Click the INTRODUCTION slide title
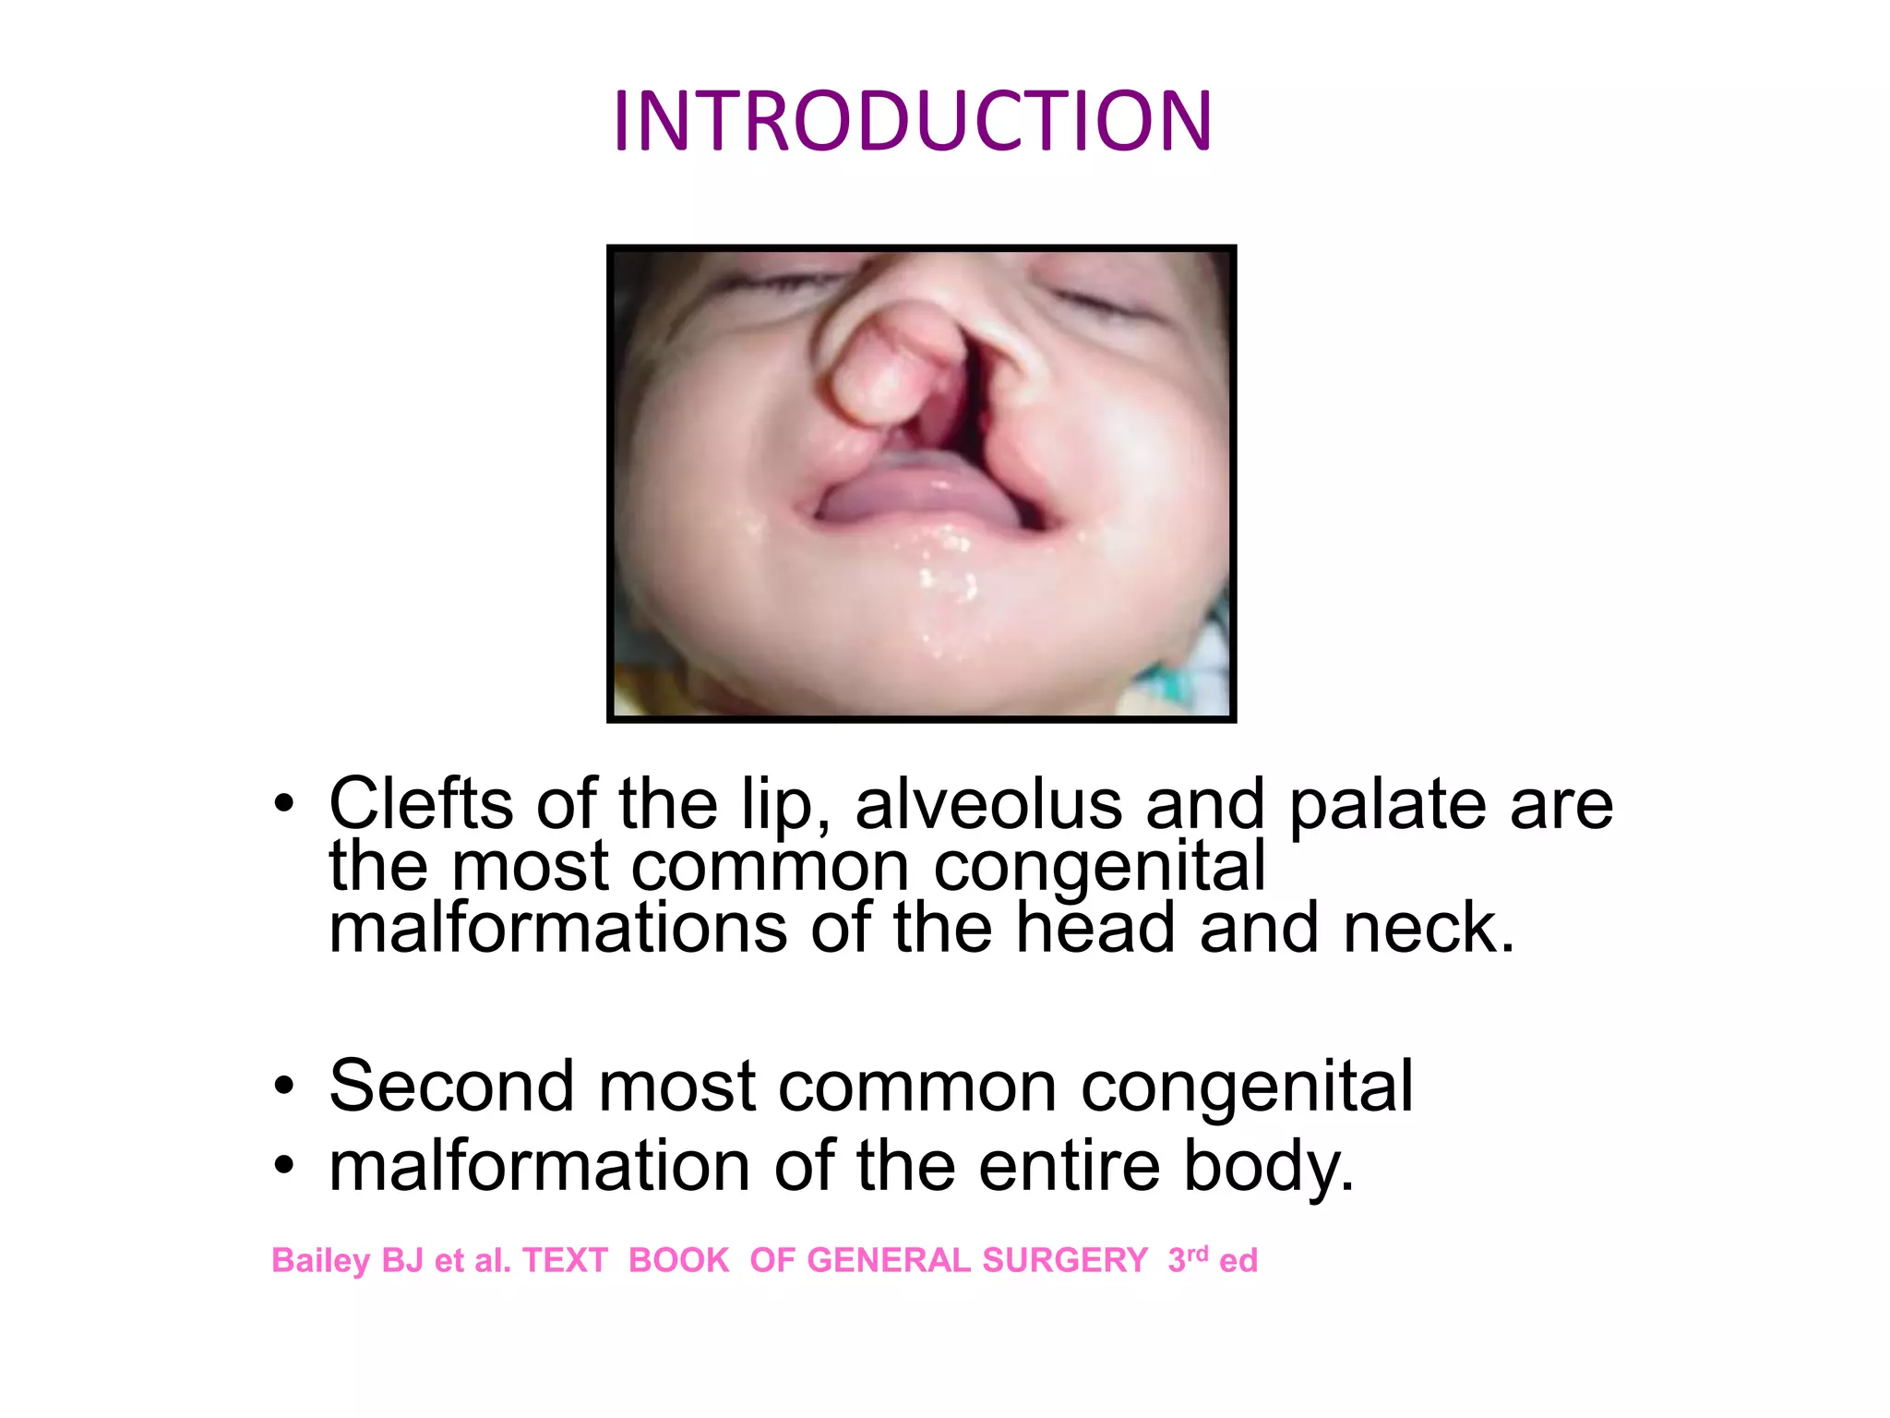912,121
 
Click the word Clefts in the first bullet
421,803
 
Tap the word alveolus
989,803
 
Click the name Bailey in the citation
320,1261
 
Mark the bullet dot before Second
284,1087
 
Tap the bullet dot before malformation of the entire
284,1167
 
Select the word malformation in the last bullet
540,1166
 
